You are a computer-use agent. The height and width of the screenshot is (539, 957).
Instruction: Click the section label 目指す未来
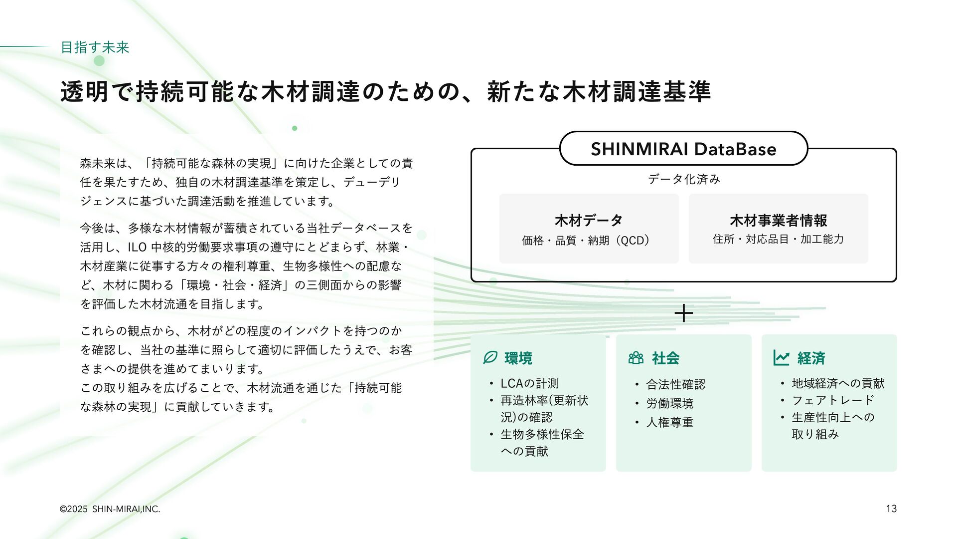point(95,47)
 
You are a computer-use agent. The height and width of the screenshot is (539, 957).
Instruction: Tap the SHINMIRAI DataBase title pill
point(683,149)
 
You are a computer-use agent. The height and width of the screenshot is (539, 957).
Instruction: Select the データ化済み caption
point(684,179)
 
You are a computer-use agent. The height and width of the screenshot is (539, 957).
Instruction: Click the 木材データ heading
point(589,220)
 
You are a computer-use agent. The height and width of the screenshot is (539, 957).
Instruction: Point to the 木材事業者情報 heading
point(778,220)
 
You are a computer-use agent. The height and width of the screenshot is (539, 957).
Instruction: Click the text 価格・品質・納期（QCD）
point(586,241)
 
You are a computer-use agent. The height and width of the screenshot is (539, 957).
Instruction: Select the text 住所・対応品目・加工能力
point(778,239)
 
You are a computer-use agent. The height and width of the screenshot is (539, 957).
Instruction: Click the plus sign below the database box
point(683,313)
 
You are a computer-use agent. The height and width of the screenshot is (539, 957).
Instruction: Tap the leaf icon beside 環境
point(490,358)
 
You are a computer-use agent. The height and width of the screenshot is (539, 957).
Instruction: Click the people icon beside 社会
point(636,358)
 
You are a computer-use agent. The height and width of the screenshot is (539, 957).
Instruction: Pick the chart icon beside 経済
point(781,358)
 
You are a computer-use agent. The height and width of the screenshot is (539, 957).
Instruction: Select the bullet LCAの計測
point(529,383)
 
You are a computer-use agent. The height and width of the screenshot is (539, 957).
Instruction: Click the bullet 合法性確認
point(675,384)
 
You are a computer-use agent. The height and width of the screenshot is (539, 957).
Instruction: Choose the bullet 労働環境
point(669,403)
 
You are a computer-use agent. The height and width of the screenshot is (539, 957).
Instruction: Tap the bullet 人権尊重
point(669,422)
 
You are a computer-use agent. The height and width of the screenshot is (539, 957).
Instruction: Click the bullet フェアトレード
point(833,400)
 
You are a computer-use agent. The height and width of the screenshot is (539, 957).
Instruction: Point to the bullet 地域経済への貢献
point(838,383)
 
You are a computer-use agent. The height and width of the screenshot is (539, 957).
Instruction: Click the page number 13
point(891,509)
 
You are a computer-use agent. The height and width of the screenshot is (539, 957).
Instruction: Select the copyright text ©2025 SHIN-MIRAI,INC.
point(110,509)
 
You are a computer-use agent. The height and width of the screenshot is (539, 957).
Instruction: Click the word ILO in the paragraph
point(137,248)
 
